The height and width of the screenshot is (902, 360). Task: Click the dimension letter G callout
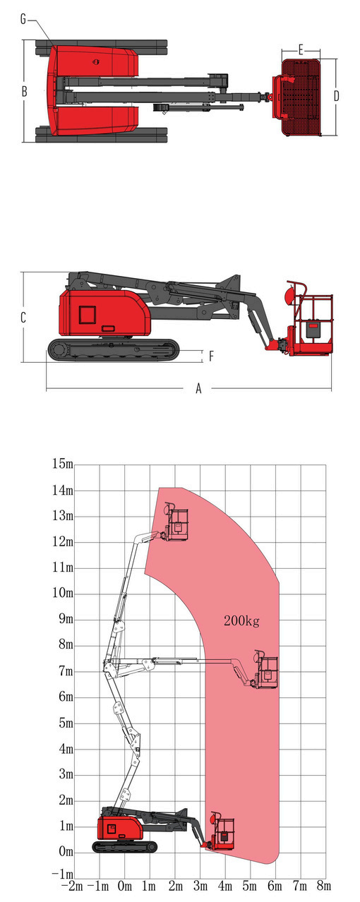[23, 19]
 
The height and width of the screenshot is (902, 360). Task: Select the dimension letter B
[25, 92]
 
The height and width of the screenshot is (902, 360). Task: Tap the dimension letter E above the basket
[301, 50]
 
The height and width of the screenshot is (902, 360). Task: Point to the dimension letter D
[337, 96]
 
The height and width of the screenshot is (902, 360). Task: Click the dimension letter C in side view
[23, 318]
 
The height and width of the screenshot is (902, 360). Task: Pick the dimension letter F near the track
[211, 356]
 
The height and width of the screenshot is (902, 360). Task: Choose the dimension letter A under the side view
[198, 389]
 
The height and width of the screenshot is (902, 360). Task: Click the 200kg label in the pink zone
[241, 621]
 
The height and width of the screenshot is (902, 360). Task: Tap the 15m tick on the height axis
[62, 464]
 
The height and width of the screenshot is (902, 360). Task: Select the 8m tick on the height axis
[66, 644]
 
